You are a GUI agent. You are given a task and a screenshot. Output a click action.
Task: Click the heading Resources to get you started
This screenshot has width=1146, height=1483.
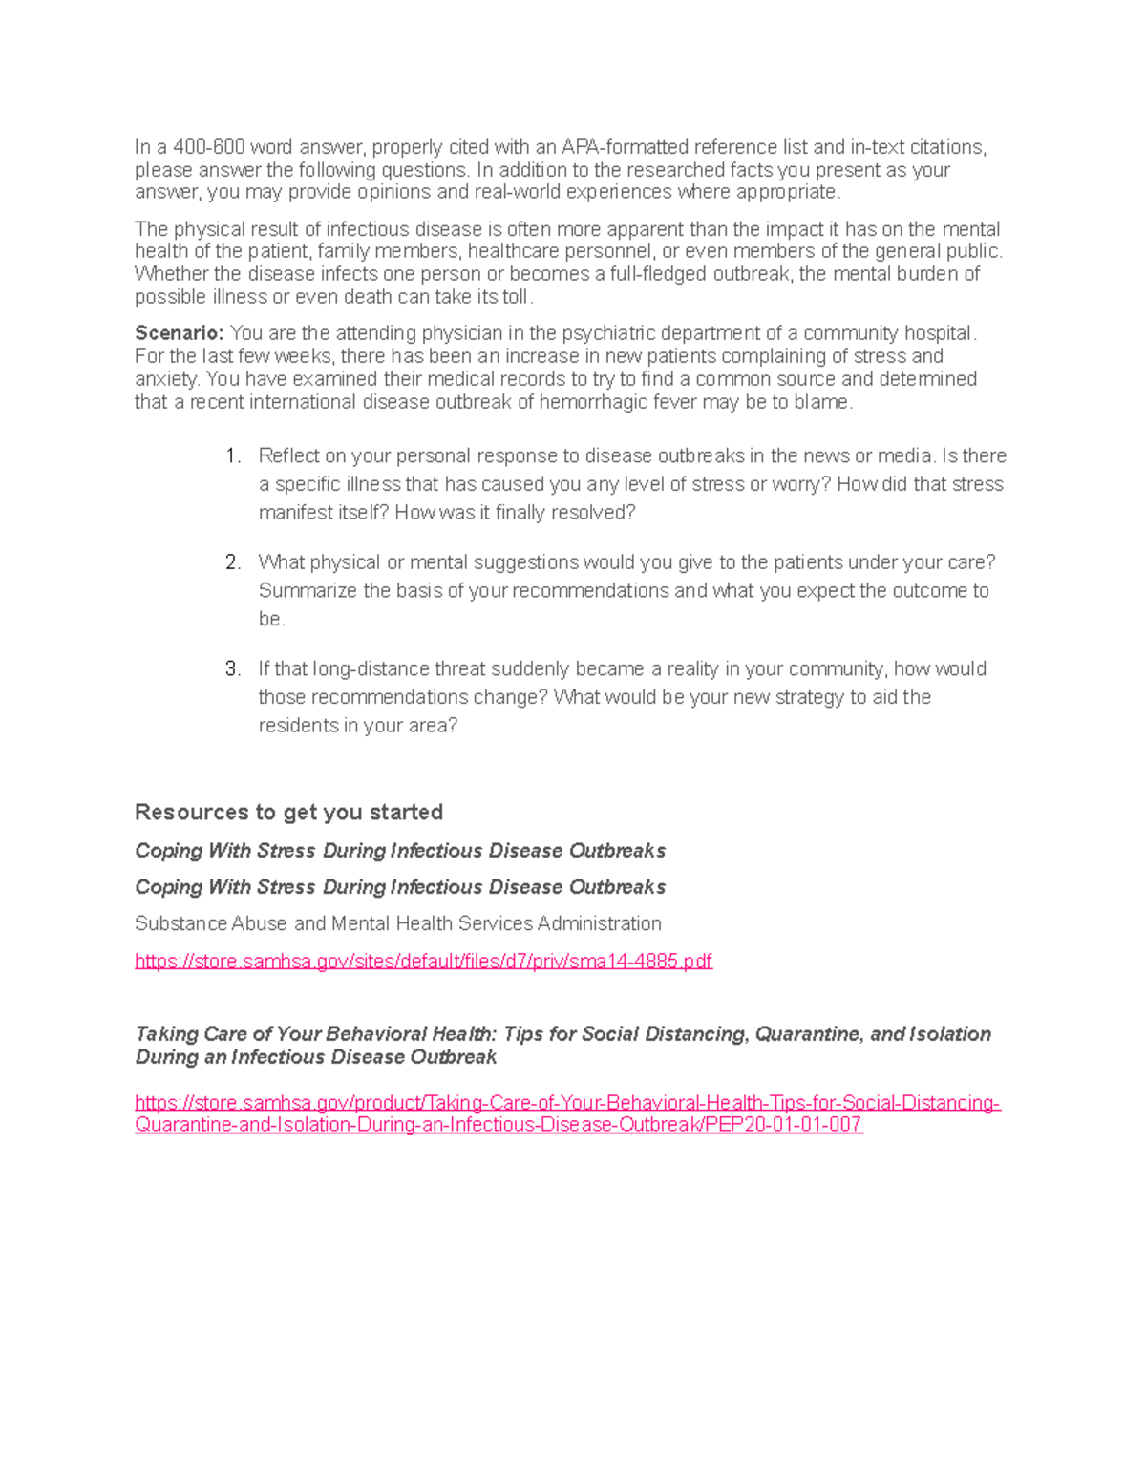pos(288,813)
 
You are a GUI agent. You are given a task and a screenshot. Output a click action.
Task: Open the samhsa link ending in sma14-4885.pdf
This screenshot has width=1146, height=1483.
pos(423,961)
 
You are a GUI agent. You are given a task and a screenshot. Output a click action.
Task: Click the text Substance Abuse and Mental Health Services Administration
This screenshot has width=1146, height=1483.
pos(397,923)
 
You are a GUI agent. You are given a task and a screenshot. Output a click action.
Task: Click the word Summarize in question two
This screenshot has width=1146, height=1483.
pos(308,591)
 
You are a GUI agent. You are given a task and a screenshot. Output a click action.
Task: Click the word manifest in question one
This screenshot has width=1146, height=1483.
pos(291,513)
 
